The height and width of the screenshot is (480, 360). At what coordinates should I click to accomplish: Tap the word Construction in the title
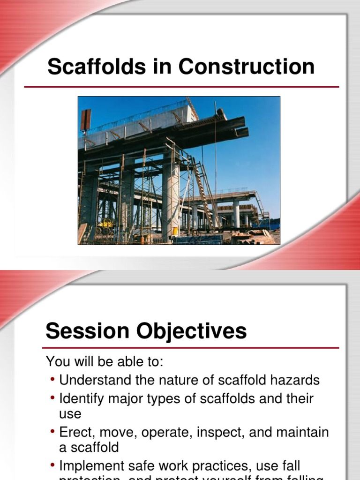pos(246,67)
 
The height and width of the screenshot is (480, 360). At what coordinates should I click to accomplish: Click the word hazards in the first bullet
pos(294,380)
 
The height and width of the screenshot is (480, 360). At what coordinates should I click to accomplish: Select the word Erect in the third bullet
pos(74,432)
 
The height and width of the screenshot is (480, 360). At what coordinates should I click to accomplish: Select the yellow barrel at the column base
pos(175,232)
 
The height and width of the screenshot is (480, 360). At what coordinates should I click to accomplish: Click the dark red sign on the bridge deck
pos(85,120)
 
